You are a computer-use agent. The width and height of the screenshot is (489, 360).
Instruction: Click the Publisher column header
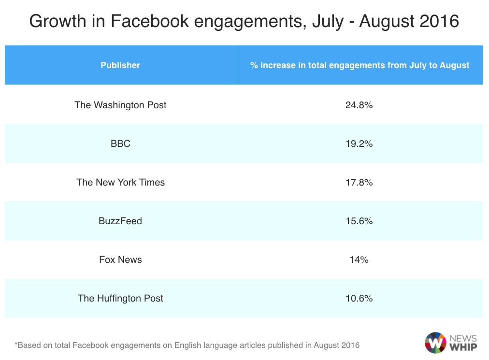click(x=120, y=65)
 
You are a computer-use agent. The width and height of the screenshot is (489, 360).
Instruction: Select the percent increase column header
click(x=360, y=65)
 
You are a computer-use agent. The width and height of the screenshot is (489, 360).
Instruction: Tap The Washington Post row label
click(x=120, y=105)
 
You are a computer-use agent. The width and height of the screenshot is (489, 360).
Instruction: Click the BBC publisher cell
click(x=120, y=144)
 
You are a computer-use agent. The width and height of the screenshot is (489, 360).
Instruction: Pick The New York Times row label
click(x=120, y=182)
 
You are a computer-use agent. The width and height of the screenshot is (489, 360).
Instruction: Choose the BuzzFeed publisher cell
click(x=120, y=221)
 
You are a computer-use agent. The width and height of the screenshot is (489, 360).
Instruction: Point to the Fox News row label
click(x=120, y=259)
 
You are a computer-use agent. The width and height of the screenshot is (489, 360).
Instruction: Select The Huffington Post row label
click(x=120, y=298)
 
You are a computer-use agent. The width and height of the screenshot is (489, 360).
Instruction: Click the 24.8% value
click(x=359, y=105)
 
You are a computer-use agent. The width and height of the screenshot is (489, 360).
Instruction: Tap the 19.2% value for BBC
click(x=359, y=144)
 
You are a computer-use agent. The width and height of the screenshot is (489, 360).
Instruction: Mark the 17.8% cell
click(x=359, y=182)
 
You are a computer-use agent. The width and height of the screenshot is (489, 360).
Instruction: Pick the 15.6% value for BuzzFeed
click(x=359, y=221)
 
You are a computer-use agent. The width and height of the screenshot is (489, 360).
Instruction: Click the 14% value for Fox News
click(x=359, y=259)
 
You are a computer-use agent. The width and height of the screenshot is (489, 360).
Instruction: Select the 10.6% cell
click(x=359, y=298)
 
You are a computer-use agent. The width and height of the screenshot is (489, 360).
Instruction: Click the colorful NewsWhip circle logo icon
click(x=435, y=343)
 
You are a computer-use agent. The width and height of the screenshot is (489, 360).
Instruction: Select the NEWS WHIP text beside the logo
click(x=463, y=343)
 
